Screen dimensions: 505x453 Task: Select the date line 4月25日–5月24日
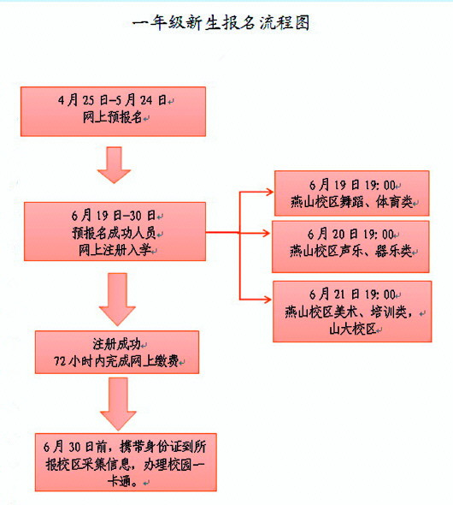click(115, 101)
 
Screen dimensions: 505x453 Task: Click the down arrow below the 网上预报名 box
click(114, 164)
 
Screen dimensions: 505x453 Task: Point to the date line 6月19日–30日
click(114, 215)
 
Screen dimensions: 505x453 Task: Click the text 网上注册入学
click(114, 249)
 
